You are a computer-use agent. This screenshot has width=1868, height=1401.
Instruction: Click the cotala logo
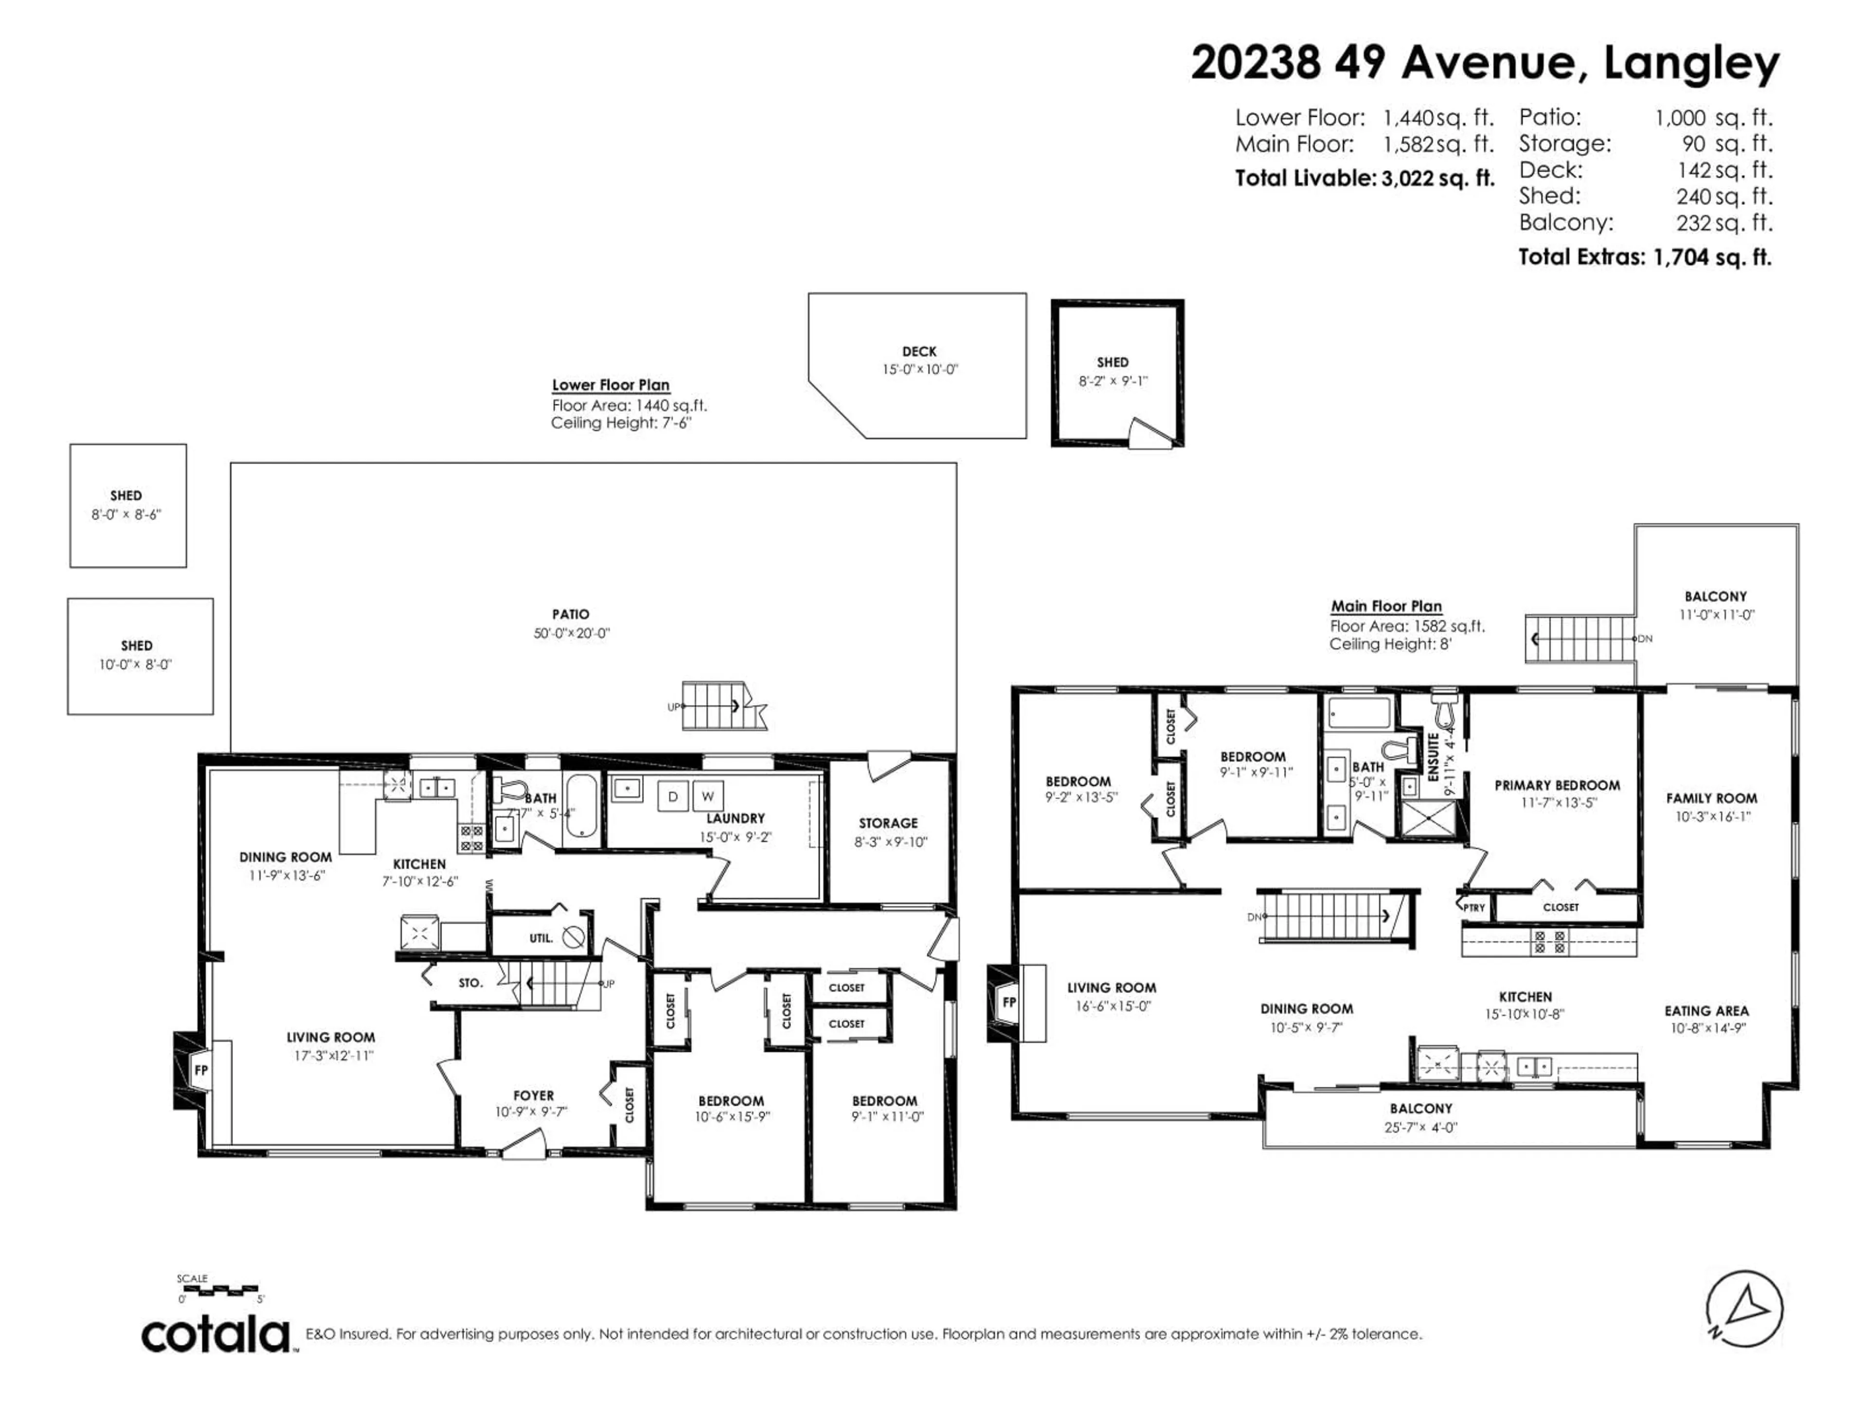pos(216,1334)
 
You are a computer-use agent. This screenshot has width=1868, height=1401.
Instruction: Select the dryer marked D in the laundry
pos(673,796)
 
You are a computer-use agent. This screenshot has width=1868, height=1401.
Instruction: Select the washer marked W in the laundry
pos(708,796)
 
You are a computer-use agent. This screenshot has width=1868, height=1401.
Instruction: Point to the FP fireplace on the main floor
pos(1008,1003)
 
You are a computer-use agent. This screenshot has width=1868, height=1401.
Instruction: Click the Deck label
pos(919,351)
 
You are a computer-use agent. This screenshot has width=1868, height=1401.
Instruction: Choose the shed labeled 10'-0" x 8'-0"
pos(136,655)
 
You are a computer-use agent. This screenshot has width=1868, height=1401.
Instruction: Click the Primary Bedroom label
pos(1557,785)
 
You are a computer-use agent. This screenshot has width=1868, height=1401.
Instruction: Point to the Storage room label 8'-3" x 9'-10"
pos(888,832)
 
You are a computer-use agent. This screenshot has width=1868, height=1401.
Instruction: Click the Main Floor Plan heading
pos(1386,606)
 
